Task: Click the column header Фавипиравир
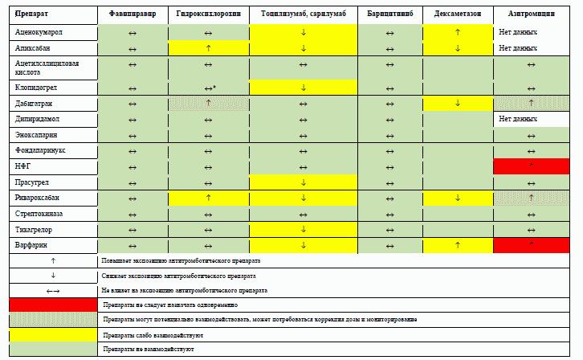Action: point(132,14)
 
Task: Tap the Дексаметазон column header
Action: point(457,14)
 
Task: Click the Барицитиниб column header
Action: point(389,14)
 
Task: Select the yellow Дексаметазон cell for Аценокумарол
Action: point(457,32)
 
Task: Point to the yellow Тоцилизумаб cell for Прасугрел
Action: point(304,182)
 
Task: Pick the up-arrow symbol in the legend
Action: point(53,260)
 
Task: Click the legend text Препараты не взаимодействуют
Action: point(149,350)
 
